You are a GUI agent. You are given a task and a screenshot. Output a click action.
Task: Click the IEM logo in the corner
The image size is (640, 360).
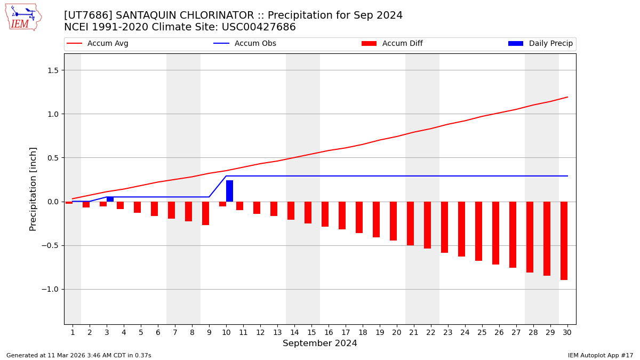23,17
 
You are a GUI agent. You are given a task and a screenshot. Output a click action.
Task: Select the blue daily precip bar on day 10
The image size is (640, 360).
229,191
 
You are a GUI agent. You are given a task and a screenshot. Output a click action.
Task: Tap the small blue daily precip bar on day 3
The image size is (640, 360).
110,199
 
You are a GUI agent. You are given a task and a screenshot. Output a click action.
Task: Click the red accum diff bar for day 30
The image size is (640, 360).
564,241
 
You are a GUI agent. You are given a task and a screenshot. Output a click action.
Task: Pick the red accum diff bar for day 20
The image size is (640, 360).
393,221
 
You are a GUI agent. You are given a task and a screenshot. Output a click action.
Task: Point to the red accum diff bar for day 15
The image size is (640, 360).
308,212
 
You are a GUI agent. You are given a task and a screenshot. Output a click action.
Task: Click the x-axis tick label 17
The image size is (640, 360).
346,333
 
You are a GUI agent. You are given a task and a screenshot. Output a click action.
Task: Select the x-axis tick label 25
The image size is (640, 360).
482,333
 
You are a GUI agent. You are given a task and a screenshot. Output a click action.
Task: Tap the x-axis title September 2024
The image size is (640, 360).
320,343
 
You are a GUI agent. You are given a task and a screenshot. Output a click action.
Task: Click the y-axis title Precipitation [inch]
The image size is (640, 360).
33,189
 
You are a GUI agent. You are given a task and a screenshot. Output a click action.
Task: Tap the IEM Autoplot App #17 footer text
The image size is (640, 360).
601,356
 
